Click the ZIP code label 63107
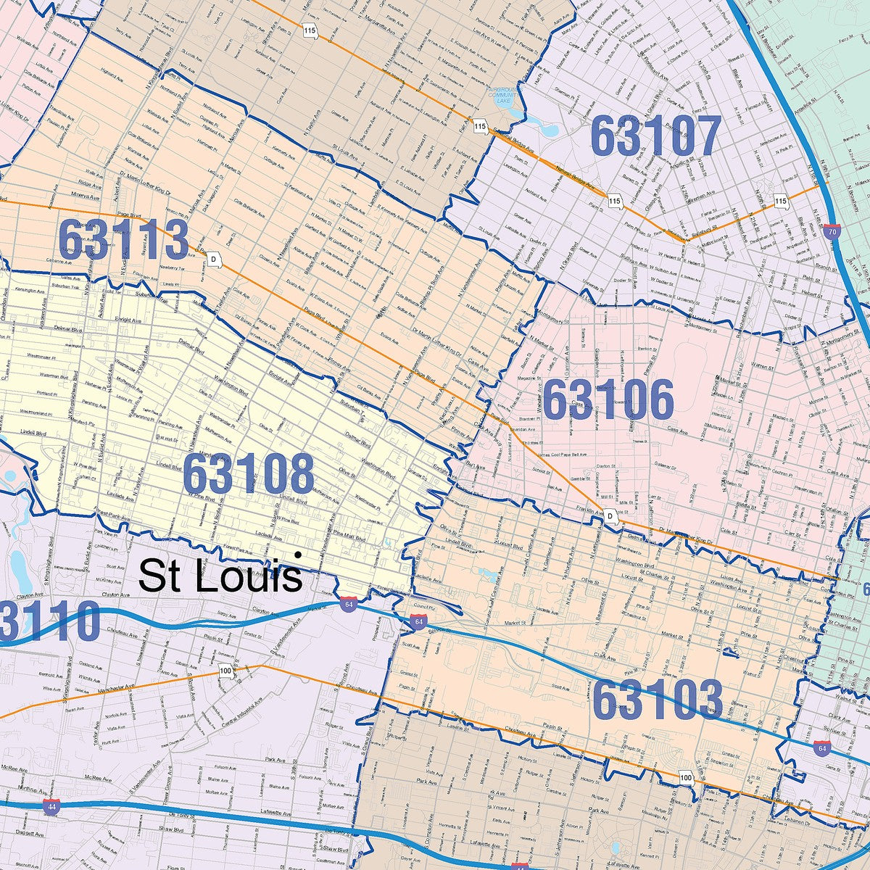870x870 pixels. coord(656,136)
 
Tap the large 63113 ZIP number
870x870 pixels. coord(123,240)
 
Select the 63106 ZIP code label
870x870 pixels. coord(608,400)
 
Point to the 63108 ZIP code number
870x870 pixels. coord(248,474)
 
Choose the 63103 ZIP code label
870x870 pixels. coord(657,700)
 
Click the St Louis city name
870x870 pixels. coord(220,576)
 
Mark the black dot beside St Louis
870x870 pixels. coord(297,555)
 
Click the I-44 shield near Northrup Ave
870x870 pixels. coord(51,807)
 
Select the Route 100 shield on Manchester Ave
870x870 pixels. coord(225,671)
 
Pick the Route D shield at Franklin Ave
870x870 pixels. coord(611,515)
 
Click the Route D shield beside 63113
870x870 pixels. coord(213,259)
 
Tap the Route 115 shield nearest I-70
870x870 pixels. coord(780,200)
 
